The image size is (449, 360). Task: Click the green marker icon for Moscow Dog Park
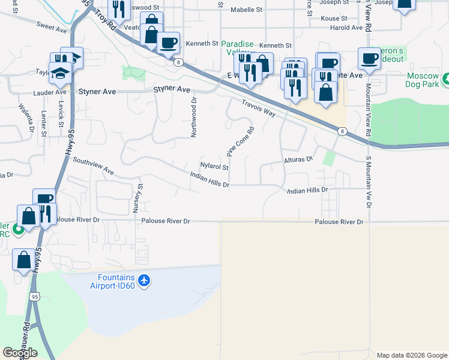pyautogui.click(x=445, y=79)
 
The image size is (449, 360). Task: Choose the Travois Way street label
pyautogui.click(x=258, y=109)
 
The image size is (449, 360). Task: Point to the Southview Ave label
pyautogui.click(x=93, y=166)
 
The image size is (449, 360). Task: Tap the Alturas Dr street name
pyautogui.click(x=299, y=160)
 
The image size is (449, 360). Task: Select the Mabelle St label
pyautogui.click(x=247, y=10)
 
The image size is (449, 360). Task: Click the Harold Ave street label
pyautogui.click(x=346, y=28)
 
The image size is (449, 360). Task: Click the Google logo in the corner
pyautogui.click(x=19, y=352)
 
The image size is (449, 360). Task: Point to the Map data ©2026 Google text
pyautogui.click(x=411, y=355)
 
